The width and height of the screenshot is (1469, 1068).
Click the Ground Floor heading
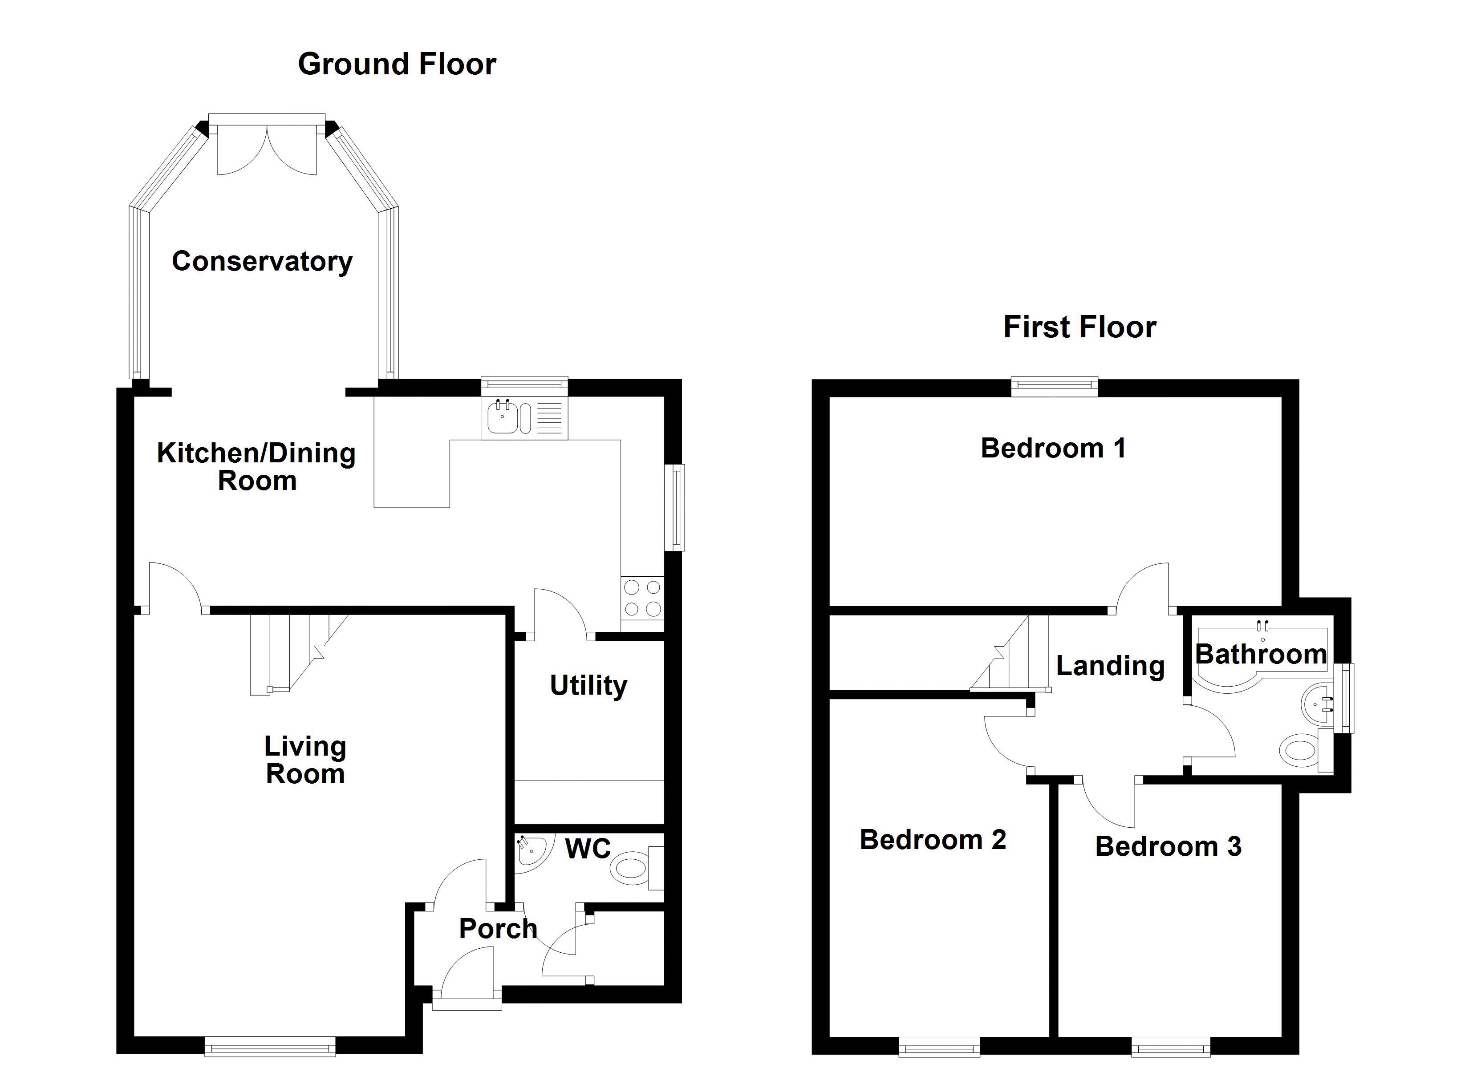point(397,64)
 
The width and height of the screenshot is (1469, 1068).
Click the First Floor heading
point(1080,327)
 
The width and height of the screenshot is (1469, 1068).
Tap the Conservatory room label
point(262,261)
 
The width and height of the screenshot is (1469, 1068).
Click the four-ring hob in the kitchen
point(642,598)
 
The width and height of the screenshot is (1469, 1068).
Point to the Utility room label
point(588,685)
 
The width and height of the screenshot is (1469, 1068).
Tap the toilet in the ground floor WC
point(632,867)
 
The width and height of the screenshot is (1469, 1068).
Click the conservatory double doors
point(267,149)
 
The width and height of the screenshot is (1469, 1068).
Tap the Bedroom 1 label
point(1053,448)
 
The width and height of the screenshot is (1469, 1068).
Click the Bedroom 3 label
point(1168,846)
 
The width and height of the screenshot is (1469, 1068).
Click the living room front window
point(270,1045)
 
